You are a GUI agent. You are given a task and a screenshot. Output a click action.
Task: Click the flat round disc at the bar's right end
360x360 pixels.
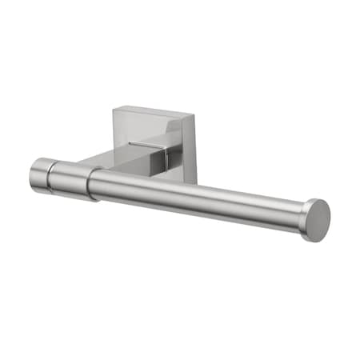click(x=317, y=220)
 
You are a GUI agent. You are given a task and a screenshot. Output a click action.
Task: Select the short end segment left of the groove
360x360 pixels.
click(x=41, y=174)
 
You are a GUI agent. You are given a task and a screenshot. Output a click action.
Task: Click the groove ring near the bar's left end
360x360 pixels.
click(x=52, y=176)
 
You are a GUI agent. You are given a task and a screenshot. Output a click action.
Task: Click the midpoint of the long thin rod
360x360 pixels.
click(x=200, y=200)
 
